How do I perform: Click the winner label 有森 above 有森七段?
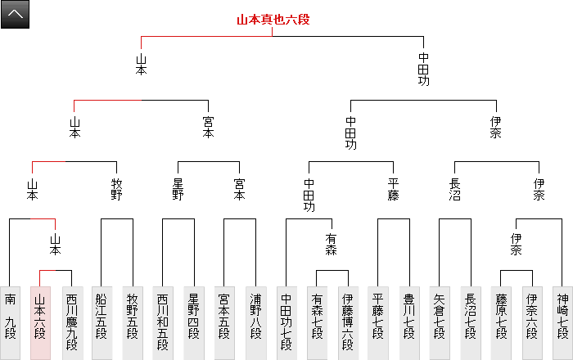click(332, 244)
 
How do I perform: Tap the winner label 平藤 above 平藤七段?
click(393, 190)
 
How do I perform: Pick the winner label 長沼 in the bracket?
click(455, 190)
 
